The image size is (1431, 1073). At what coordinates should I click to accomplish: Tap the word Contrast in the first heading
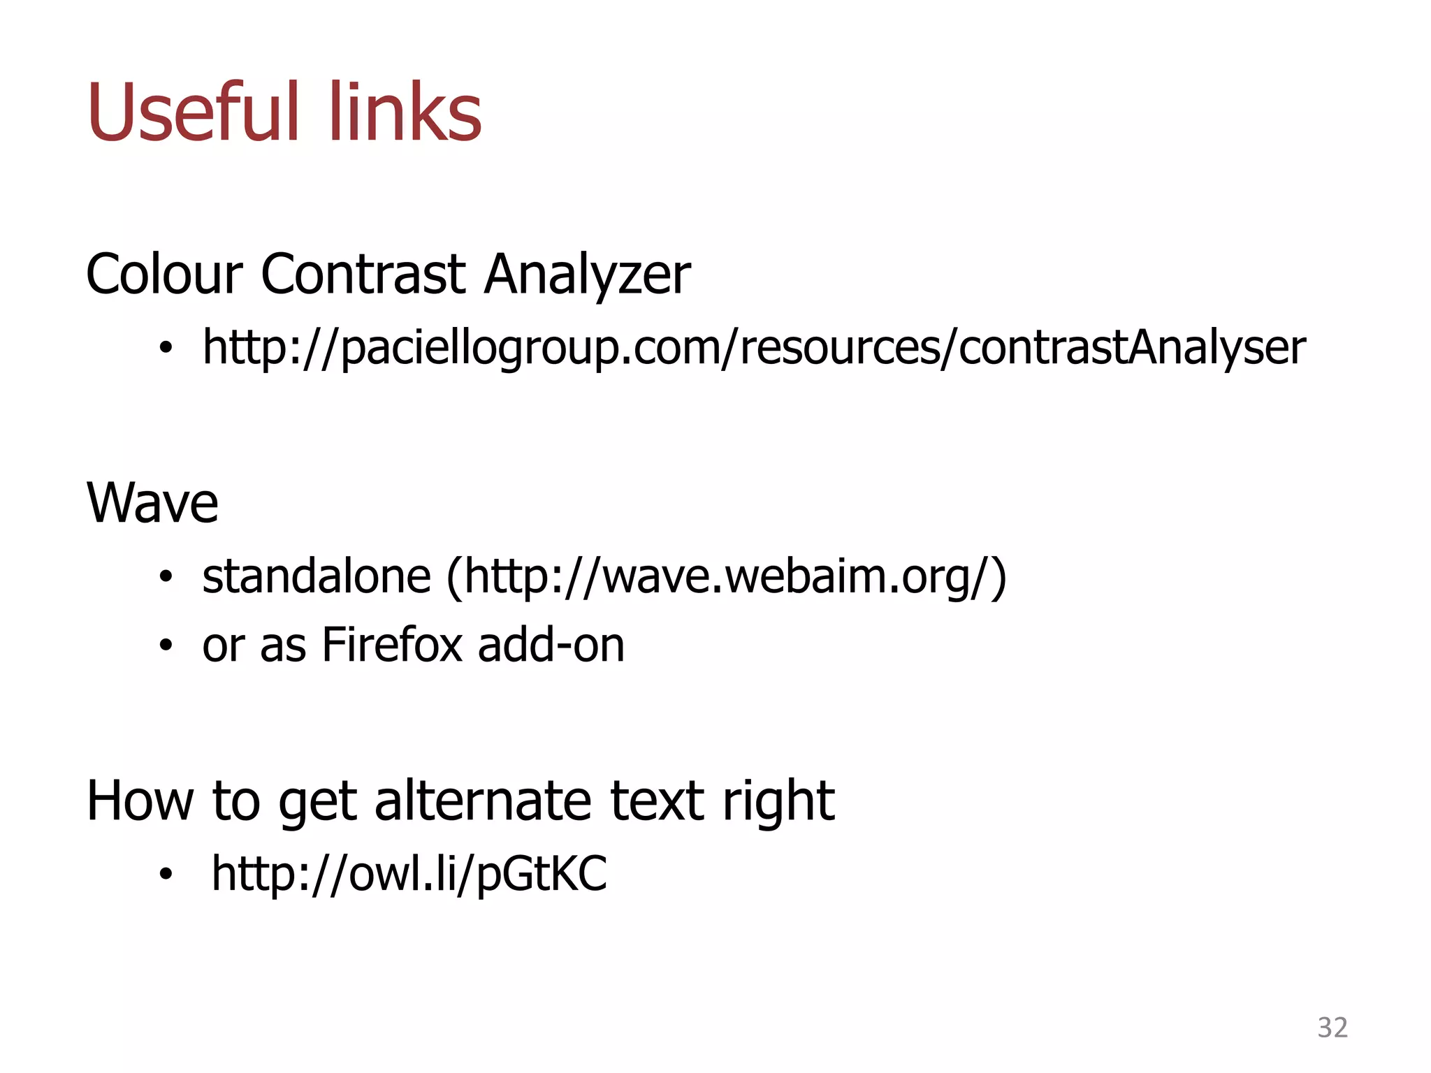(x=363, y=274)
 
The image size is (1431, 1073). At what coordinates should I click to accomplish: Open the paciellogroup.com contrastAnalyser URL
(x=753, y=347)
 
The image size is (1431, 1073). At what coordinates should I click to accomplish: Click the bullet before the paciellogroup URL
(x=165, y=347)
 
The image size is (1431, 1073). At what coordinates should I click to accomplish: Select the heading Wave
(x=152, y=503)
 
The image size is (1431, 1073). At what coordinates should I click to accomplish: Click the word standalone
(x=317, y=577)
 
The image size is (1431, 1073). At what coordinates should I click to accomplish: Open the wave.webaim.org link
(x=727, y=577)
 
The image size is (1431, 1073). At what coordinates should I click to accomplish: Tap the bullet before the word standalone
(x=165, y=577)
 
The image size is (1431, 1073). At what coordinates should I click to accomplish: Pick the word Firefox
(x=392, y=644)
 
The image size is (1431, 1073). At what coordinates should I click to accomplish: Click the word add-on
(x=551, y=644)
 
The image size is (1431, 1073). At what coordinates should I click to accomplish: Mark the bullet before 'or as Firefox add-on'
(x=165, y=645)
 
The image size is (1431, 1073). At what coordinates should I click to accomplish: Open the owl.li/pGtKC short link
(x=409, y=873)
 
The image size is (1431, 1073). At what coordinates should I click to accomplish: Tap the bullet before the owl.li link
(x=165, y=873)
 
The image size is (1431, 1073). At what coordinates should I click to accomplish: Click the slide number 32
(x=1332, y=1028)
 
